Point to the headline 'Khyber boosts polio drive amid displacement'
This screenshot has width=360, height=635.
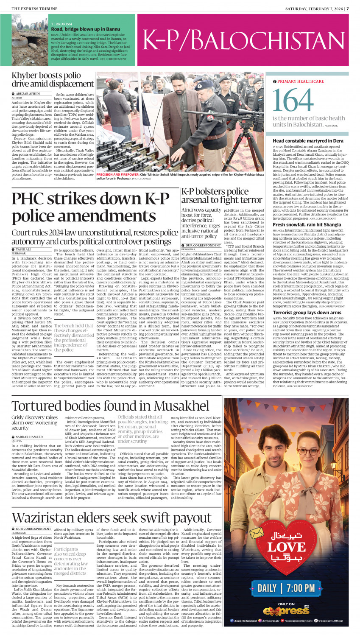click(x=53, y=80)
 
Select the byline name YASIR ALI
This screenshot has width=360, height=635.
click(x=23, y=249)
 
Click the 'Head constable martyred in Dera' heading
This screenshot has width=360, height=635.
click(x=308, y=141)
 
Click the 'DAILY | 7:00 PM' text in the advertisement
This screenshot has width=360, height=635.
click(x=286, y=587)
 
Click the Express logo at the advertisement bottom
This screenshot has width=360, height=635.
click(x=286, y=610)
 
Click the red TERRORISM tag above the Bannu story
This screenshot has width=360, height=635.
click(x=61, y=25)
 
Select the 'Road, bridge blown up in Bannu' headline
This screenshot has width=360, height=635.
click(x=86, y=29)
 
